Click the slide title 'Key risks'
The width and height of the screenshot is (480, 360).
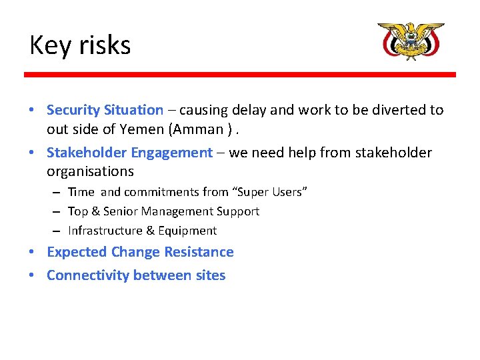point(80,45)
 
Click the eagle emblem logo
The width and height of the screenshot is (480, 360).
point(411,41)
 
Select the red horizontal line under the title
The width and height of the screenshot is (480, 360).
point(240,75)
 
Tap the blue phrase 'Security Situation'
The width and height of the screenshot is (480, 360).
point(105,110)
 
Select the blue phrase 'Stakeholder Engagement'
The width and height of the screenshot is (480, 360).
point(129,153)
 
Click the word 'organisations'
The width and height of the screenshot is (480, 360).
point(90,171)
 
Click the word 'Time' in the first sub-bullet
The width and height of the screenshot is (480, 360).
point(81,192)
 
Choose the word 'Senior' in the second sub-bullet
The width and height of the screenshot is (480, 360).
point(121,211)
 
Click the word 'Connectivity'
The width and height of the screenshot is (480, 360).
point(88,275)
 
